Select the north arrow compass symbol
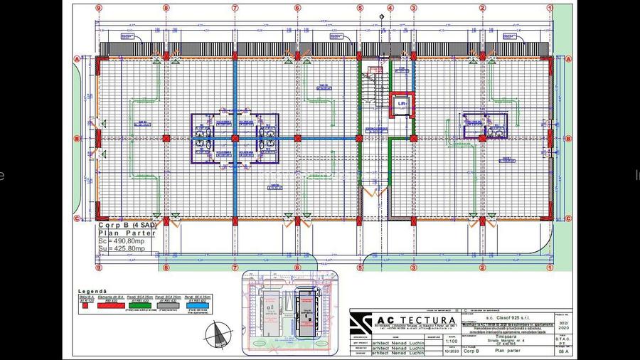point(219,332)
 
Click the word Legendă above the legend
point(92,291)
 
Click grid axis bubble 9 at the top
point(99,9)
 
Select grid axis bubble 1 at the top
point(549,9)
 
